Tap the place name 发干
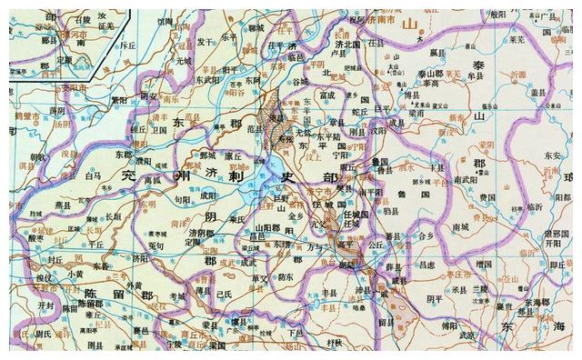point(206,65)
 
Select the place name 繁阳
point(118,99)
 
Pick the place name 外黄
point(136,284)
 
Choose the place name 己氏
point(226,293)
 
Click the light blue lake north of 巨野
point(273,167)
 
